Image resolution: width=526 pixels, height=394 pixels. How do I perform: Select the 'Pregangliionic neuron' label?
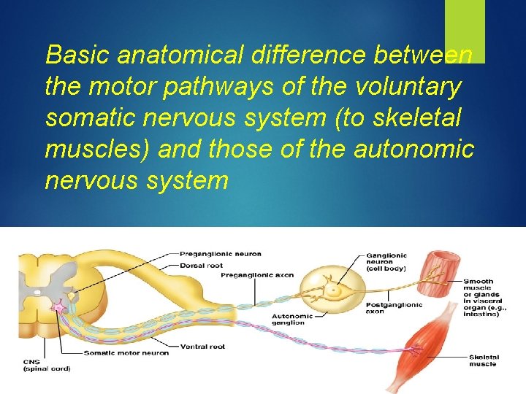[x=219, y=254]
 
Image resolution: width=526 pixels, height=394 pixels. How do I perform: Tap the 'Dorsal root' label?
[x=202, y=266]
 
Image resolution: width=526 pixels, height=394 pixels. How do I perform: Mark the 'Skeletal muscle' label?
[x=483, y=360]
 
